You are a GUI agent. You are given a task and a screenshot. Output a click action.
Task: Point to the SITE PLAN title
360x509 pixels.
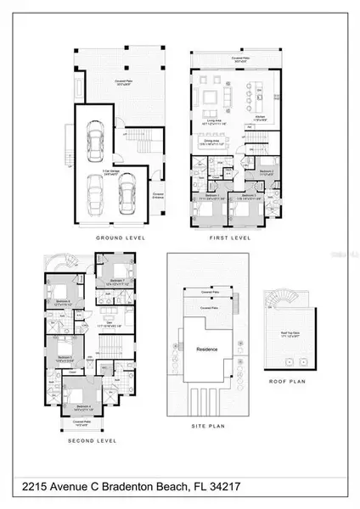(x=204, y=439)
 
